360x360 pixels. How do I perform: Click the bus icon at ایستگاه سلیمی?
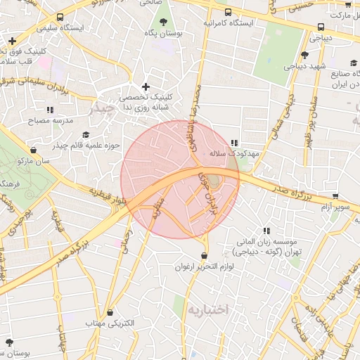pyautogui.click(x=61, y=17)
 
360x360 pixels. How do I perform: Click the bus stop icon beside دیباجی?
pyautogui.click(x=321, y=27)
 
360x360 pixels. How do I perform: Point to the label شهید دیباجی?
pyautogui.click(x=303, y=67)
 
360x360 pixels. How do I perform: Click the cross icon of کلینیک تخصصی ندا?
pyautogui.click(x=146, y=86)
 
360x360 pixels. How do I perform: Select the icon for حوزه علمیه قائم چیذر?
pyautogui.click(x=86, y=134)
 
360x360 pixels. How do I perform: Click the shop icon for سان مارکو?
pyautogui.click(x=34, y=150)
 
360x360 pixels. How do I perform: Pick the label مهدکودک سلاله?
pyautogui.click(x=235, y=153)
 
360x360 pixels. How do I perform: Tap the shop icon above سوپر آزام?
pyautogui.click(x=335, y=197)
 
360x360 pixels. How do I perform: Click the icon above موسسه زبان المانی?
pyautogui.click(x=266, y=231)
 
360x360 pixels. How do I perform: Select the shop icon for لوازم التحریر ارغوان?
pyautogui.click(x=204, y=255)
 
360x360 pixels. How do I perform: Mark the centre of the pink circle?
pyautogui.click(x=180, y=179)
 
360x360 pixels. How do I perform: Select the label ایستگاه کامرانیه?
pyautogui.click(x=229, y=22)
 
